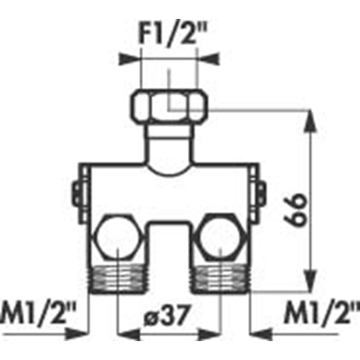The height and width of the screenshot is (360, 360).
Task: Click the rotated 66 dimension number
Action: tap(294, 210)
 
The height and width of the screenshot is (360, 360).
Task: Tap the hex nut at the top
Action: tap(169, 107)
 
